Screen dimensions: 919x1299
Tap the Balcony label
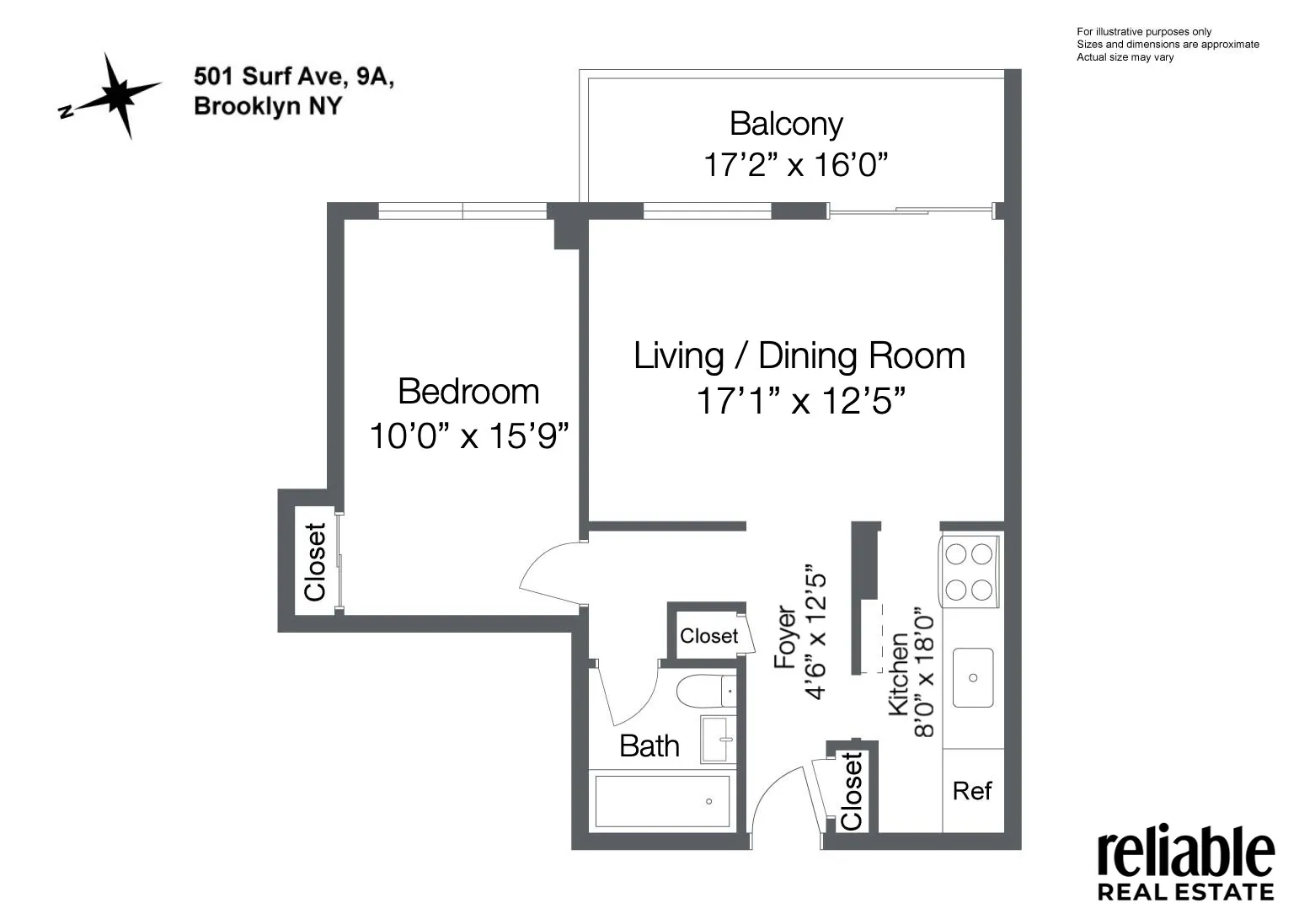[x=786, y=124]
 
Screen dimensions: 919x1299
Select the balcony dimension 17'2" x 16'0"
[x=796, y=164]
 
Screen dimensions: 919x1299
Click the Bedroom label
[x=468, y=392]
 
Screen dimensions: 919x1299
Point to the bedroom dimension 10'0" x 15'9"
[x=469, y=436]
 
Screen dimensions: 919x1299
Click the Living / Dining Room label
[x=799, y=355]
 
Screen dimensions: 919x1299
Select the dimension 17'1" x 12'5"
[x=799, y=401]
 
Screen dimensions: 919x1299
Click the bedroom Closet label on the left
[x=315, y=562]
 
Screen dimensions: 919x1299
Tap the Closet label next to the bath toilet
[x=708, y=636]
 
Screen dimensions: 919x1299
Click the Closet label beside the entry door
[x=852, y=791]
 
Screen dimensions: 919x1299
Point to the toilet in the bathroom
[x=706, y=691]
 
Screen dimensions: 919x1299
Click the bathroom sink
[x=719, y=740]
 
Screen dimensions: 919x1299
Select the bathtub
[x=663, y=801]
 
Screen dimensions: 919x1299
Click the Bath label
[x=649, y=745]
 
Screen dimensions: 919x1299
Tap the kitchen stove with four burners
[x=969, y=572]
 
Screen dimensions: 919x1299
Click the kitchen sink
[x=973, y=677]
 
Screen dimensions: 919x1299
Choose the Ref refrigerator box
[x=972, y=790]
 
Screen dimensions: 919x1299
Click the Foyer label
[x=785, y=638]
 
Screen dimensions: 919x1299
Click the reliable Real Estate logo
[x=1185, y=864]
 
